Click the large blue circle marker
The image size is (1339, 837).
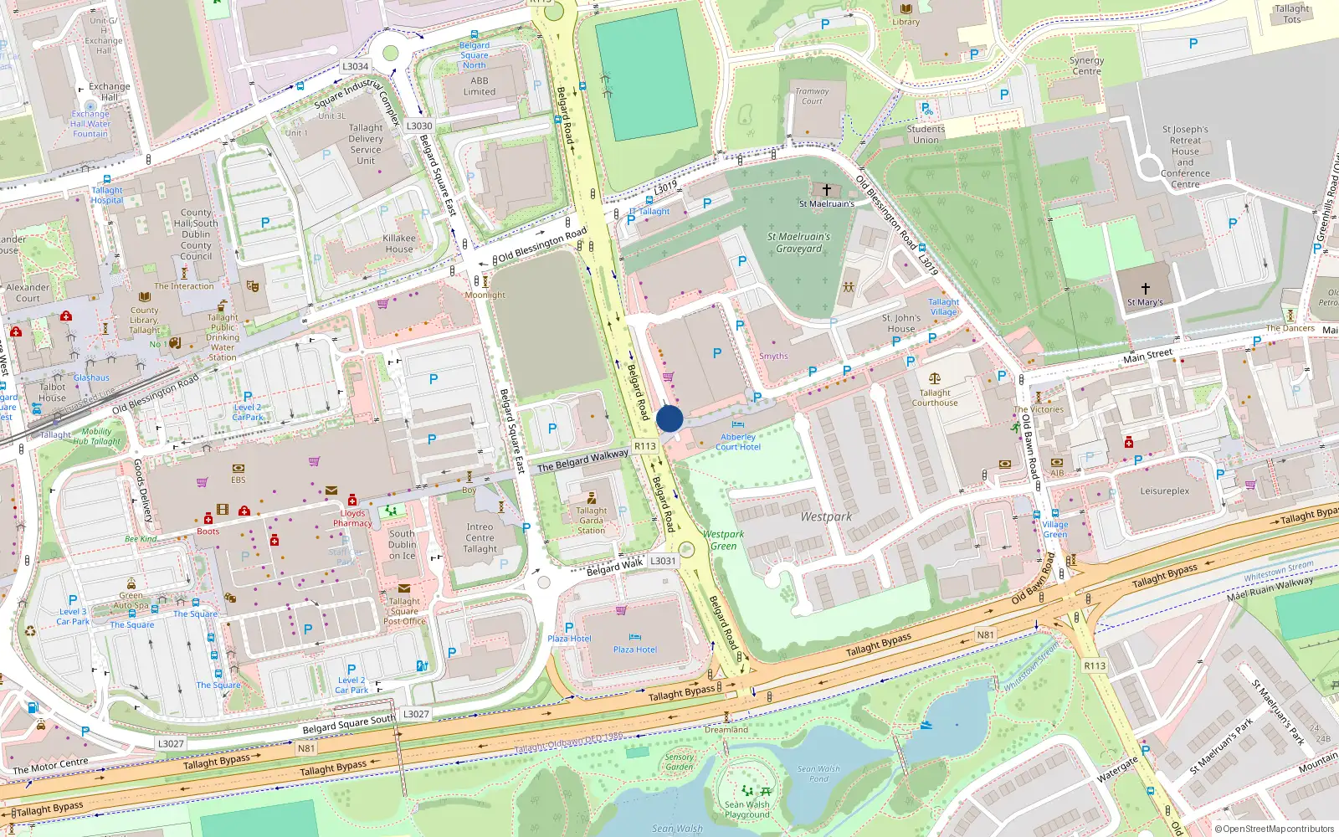point(669,418)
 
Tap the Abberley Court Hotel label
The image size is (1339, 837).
point(737,442)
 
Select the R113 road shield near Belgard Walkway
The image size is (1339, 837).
point(645,446)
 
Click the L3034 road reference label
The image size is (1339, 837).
point(355,66)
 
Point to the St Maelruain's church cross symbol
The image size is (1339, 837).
point(826,190)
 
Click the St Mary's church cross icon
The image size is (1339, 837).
point(1145,288)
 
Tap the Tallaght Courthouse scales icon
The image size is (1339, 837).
point(935,379)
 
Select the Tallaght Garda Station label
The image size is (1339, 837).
point(592,520)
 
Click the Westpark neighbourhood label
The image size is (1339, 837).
point(825,516)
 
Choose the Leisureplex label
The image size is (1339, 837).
point(1164,491)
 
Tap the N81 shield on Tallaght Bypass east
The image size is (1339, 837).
point(986,634)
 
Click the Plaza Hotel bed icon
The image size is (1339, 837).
point(634,638)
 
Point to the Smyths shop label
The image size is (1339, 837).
point(773,356)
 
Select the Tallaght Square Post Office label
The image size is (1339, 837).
point(404,611)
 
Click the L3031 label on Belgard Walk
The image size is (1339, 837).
point(663,561)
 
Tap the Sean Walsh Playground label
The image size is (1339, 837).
point(746,809)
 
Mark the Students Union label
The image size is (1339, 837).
point(926,134)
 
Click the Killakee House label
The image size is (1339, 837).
point(399,244)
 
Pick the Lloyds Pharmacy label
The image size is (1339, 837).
point(352,518)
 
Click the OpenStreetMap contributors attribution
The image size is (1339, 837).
point(1274,829)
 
